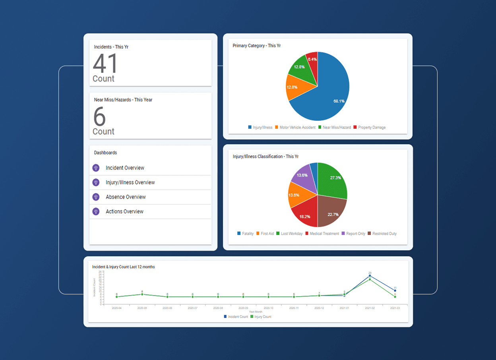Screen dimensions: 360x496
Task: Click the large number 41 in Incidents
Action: click(105, 64)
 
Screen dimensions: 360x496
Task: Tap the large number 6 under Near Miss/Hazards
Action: click(99, 117)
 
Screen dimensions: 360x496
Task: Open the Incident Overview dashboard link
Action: click(125, 168)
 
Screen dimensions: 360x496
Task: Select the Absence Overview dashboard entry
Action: click(126, 197)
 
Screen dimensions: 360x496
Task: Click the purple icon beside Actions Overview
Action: click(96, 211)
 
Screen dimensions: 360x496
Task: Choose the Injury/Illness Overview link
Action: click(130, 182)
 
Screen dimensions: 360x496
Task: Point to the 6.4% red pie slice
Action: click(312, 60)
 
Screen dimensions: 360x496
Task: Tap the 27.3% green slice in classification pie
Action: click(332, 181)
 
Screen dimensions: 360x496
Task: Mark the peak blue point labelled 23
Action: click(370, 276)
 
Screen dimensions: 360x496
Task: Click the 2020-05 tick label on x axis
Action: click(142, 308)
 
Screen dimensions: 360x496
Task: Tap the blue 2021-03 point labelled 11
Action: click(395, 290)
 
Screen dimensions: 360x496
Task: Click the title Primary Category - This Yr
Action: click(257, 46)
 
